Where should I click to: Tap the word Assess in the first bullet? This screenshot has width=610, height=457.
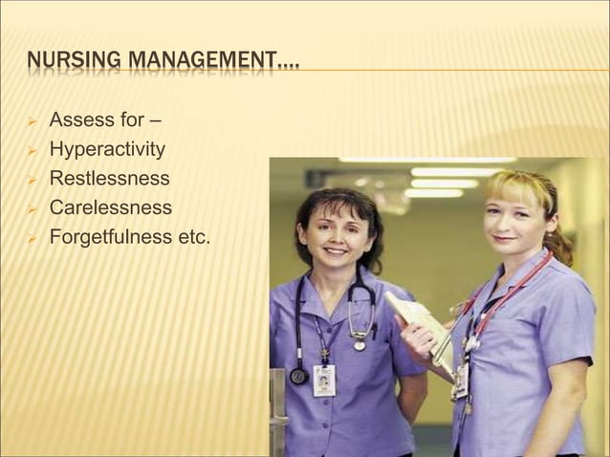pos(81,120)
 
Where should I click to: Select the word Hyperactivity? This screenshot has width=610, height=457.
pos(107,149)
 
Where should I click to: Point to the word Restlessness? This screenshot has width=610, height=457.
pos(109,178)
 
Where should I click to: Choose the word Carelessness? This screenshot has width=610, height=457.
pos(110,207)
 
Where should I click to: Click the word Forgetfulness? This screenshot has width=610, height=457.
pos(112,236)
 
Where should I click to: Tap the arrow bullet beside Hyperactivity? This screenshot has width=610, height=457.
pos(31,150)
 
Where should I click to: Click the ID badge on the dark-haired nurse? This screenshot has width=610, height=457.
pos(324,380)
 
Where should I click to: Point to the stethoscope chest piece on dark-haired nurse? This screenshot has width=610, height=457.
pos(298,375)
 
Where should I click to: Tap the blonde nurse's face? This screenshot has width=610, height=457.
pos(514,218)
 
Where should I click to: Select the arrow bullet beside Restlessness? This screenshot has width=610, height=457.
pos(31,179)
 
